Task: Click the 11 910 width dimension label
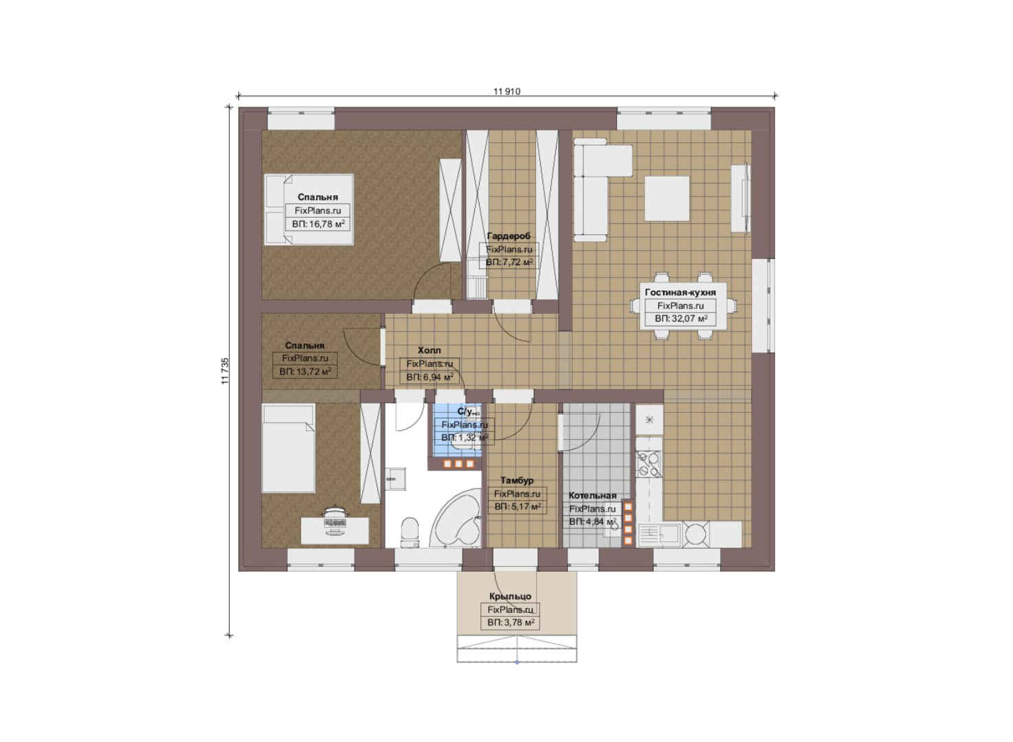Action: point(506,91)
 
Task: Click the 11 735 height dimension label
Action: point(225,371)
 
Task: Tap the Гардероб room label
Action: point(509,236)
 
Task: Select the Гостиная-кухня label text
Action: point(680,292)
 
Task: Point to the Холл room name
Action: point(429,350)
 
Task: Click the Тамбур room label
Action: point(517,480)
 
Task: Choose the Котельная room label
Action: point(592,495)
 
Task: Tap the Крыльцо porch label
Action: point(510,596)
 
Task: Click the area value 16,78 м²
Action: point(318,224)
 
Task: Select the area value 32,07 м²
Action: point(681,319)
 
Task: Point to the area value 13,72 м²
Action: point(305,372)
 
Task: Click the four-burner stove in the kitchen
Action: point(649,464)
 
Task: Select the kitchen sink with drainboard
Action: point(658,534)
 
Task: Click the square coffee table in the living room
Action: point(667,199)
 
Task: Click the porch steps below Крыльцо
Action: point(517,649)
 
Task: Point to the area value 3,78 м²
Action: point(511,622)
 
